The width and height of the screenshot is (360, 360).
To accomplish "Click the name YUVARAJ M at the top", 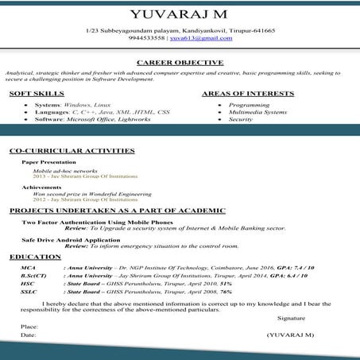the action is point(180,14).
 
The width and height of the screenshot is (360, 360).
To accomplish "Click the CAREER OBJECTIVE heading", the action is point(180,61).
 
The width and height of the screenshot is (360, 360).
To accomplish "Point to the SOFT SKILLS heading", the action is point(37,94).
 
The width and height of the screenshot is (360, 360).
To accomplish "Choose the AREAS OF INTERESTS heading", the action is point(248,94).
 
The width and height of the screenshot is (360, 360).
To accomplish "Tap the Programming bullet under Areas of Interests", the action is point(249,105).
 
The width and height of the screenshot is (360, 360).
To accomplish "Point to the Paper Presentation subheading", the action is point(49,161).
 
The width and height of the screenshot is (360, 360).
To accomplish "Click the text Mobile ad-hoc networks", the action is point(60,170).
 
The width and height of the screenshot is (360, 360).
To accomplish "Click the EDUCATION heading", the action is point(36,257).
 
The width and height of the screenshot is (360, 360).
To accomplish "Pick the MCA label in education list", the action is point(28,269).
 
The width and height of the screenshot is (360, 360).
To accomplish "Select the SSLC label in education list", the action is point(29,292).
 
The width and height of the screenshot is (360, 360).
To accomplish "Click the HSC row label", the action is point(27,284).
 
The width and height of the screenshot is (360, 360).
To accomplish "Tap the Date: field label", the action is point(29,335).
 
